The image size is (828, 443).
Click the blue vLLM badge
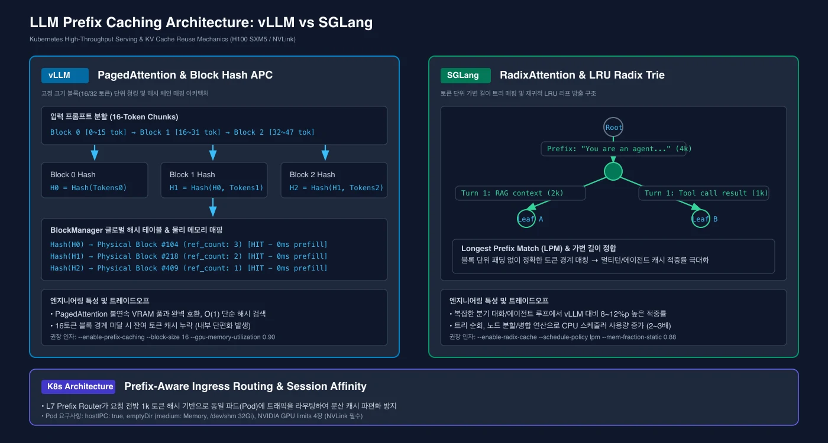point(64,76)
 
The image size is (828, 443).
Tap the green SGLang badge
point(465,76)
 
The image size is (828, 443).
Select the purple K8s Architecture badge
point(78,386)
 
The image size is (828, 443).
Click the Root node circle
point(613,128)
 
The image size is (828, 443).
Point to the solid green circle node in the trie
point(613,171)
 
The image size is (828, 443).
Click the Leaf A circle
point(526,219)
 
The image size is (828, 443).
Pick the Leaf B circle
point(700,219)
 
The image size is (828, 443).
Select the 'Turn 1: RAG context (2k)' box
point(520,193)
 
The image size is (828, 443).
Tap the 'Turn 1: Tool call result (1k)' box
point(704,193)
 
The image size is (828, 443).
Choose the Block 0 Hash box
point(95,180)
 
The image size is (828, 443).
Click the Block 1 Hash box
point(214,180)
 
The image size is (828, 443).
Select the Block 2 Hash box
point(334,180)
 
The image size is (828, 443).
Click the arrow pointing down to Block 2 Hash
point(325,152)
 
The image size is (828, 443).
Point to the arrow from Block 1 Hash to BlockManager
point(213,207)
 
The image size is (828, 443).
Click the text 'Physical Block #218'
point(137,256)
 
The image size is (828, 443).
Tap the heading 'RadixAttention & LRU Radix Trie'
point(582,75)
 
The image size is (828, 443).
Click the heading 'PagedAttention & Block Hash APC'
point(185,75)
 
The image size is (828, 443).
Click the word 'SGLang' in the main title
point(345,22)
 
